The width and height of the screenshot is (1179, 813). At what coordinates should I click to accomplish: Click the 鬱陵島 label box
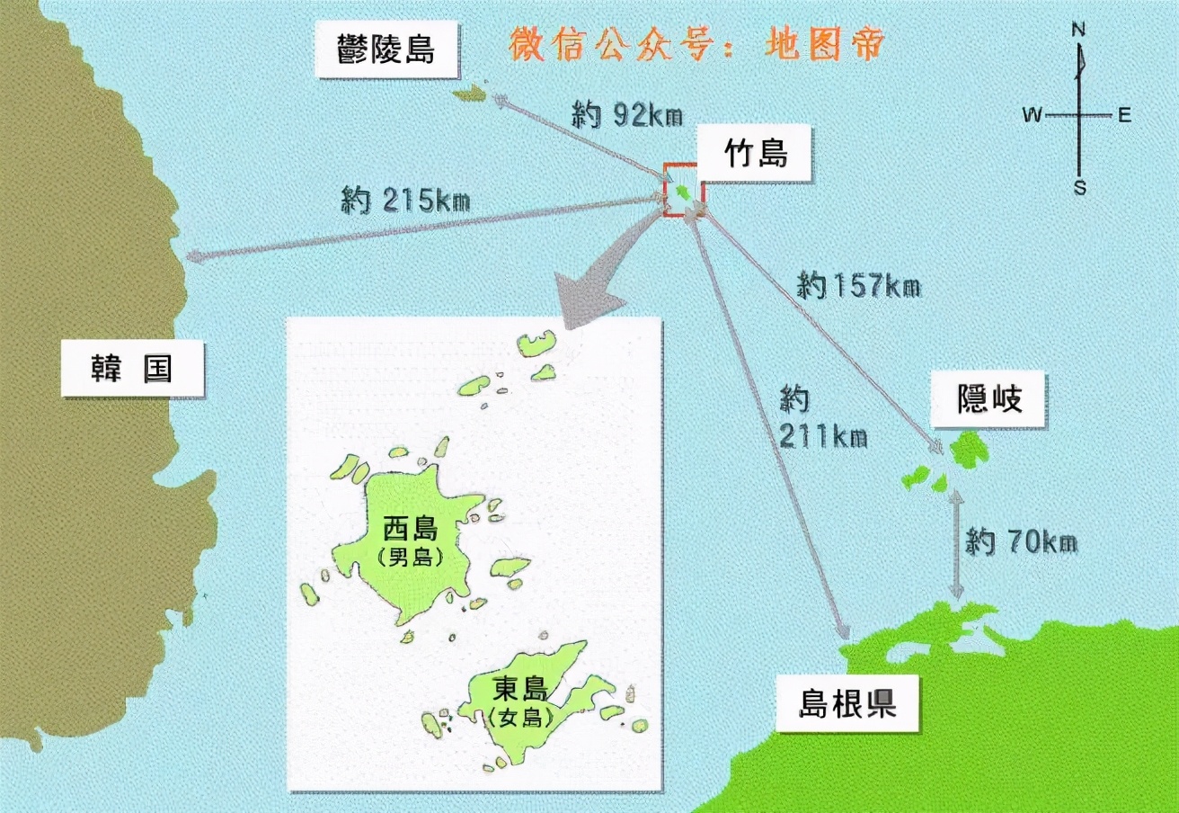tap(386, 49)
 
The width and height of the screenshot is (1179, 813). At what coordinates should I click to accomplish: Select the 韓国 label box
tap(131, 368)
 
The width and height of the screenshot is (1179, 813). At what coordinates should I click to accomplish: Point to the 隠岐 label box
tap(989, 398)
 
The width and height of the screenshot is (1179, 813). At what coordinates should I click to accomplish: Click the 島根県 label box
tap(847, 703)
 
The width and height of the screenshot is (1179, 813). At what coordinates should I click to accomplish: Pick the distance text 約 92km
tap(626, 114)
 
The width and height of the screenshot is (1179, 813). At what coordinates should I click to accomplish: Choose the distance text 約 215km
tap(405, 200)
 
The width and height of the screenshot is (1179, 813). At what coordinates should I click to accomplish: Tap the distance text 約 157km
tap(858, 286)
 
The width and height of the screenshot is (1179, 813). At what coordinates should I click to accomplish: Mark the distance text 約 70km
tap(1021, 542)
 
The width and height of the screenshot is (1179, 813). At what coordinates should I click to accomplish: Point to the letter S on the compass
tap(1080, 188)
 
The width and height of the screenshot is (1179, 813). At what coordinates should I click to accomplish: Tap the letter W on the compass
tap(1032, 115)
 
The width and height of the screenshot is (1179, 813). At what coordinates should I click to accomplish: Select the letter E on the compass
tap(1123, 115)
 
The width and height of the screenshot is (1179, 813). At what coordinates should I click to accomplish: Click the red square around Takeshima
tap(684, 190)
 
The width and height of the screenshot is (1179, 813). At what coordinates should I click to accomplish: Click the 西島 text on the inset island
tap(410, 527)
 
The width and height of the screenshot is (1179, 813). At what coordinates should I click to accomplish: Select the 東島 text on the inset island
tap(520, 689)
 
